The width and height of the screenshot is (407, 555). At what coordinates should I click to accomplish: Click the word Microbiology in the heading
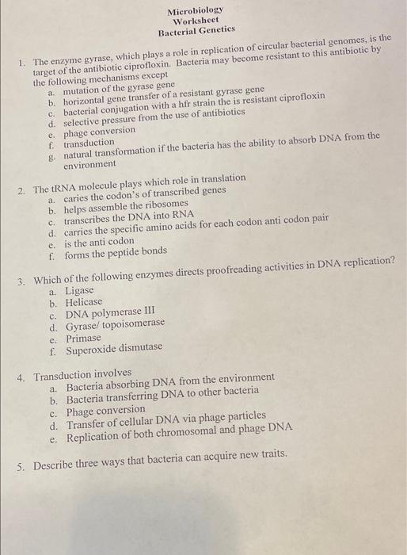tap(195, 10)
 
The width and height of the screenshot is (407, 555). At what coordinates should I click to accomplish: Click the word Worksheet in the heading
tap(195, 21)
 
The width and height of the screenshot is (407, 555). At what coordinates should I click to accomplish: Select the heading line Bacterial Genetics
tap(196, 31)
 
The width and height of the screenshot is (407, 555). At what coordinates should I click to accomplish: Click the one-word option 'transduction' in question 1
tap(90, 143)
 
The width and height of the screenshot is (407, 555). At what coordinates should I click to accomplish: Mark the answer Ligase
tap(79, 291)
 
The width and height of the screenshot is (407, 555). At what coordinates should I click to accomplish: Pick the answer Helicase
tap(84, 303)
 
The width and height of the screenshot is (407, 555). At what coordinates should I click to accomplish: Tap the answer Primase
tap(84, 339)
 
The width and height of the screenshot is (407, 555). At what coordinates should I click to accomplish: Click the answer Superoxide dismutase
tap(113, 350)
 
